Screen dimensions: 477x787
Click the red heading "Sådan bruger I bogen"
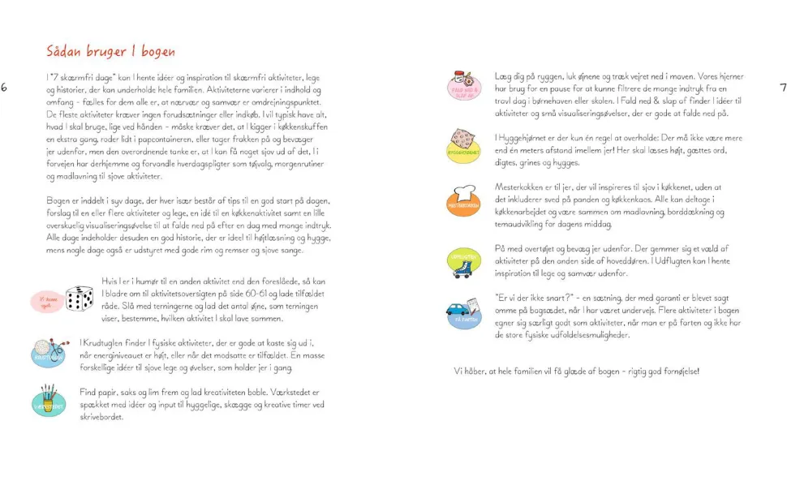[x=110, y=52]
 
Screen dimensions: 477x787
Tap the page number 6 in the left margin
[x=5, y=88]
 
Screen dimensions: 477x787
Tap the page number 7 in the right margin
[x=782, y=88]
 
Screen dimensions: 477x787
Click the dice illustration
[x=80, y=299]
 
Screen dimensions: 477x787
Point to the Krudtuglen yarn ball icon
[x=48, y=353]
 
